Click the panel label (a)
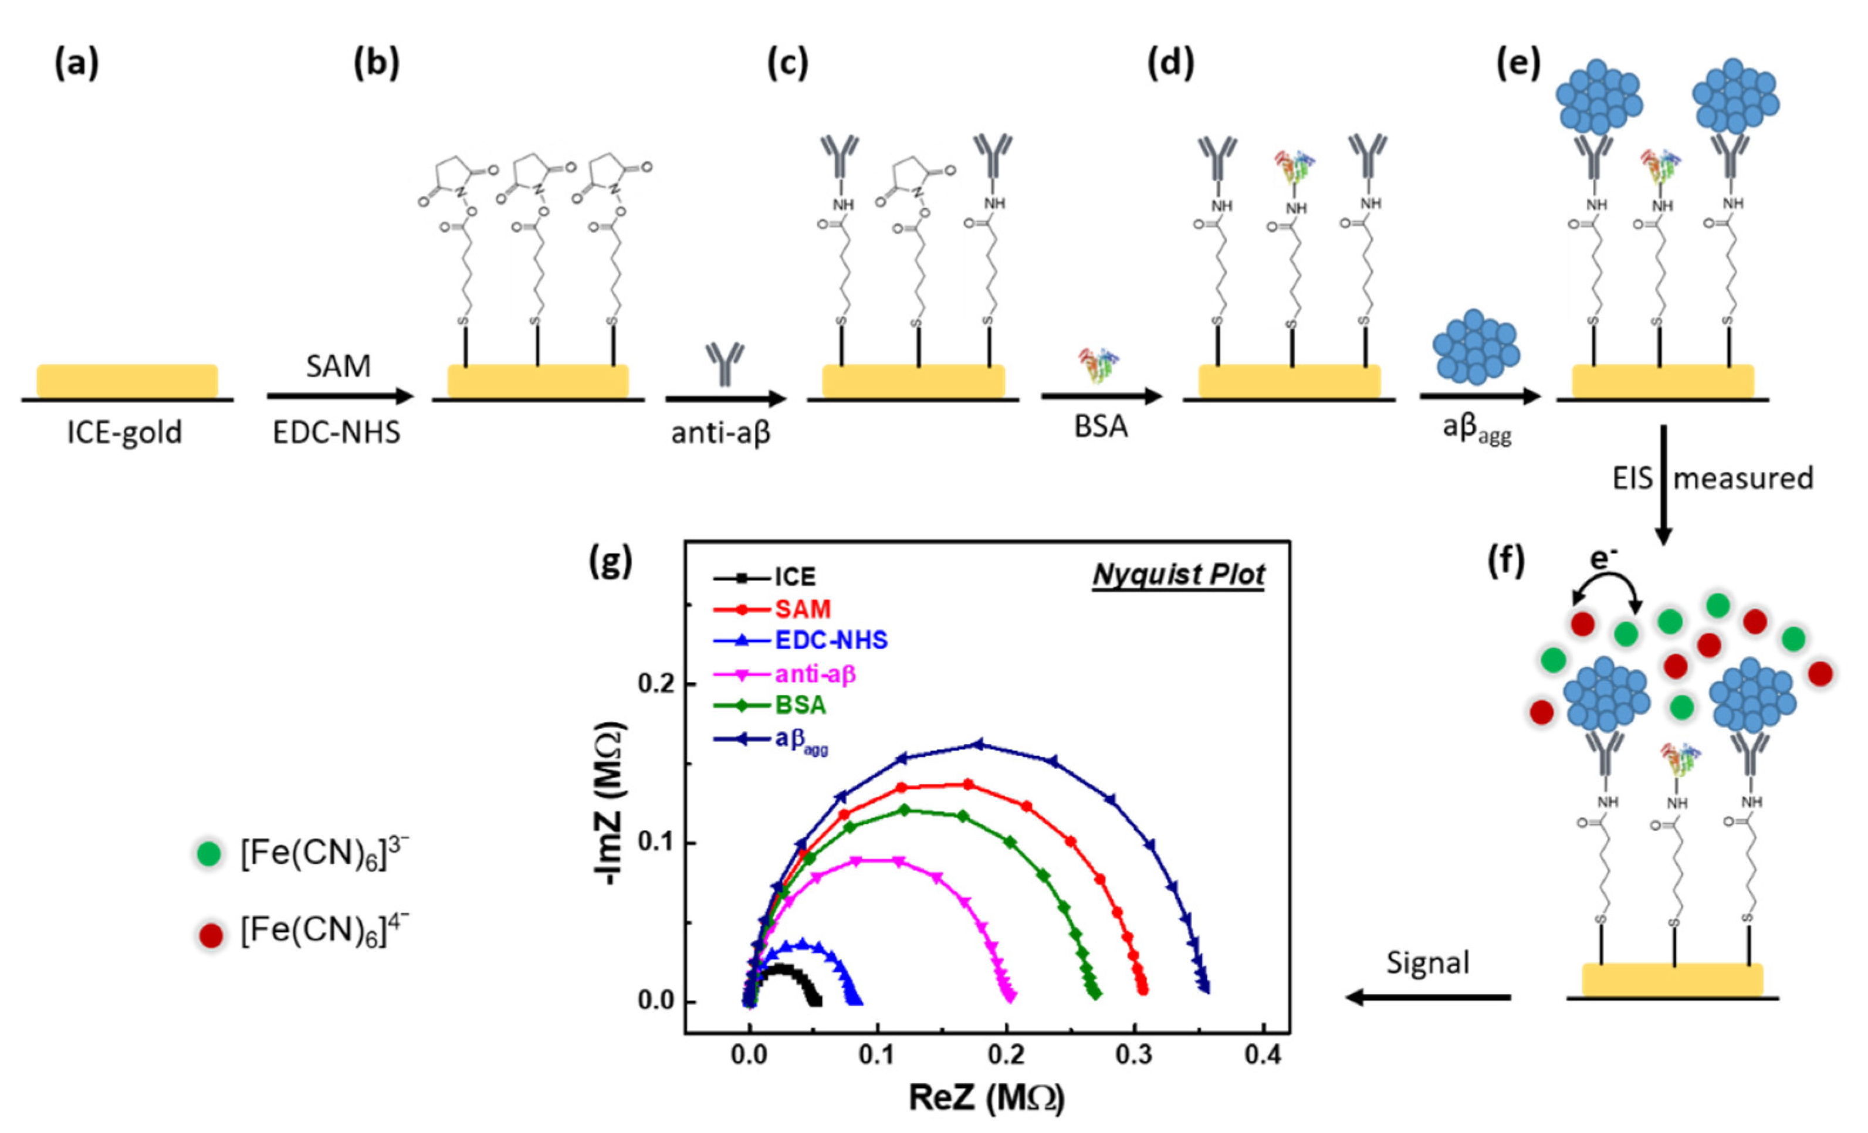coord(76,64)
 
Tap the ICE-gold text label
coord(125,432)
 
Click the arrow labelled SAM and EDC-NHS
coord(340,396)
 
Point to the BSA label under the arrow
coord(1101,427)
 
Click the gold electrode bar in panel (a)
coord(127,381)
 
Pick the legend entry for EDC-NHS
coord(830,640)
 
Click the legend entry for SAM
coord(802,609)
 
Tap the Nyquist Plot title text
coord(1177,575)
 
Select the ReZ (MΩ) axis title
coord(986,1097)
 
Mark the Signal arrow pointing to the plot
coord(1429,998)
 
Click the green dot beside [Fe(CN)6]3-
coord(208,854)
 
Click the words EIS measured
coord(1712,478)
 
